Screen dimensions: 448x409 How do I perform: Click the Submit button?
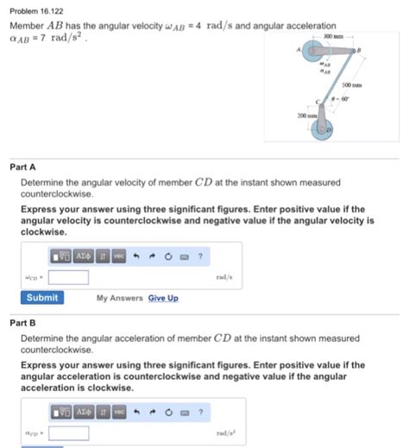tap(42, 298)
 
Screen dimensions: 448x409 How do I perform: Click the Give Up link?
tap(163, 299)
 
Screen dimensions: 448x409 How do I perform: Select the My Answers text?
tap(120, 299)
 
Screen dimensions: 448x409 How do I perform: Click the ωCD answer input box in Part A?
tap(68, 277)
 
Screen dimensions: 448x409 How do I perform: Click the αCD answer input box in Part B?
tap(68, 433)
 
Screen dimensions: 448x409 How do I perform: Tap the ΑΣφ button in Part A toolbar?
tap(85, 256)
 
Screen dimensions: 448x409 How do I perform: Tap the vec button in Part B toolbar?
tap(119, 413)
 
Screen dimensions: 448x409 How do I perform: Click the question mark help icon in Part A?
tap(200, 256)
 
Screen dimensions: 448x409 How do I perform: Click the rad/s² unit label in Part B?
tap(227, 433)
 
